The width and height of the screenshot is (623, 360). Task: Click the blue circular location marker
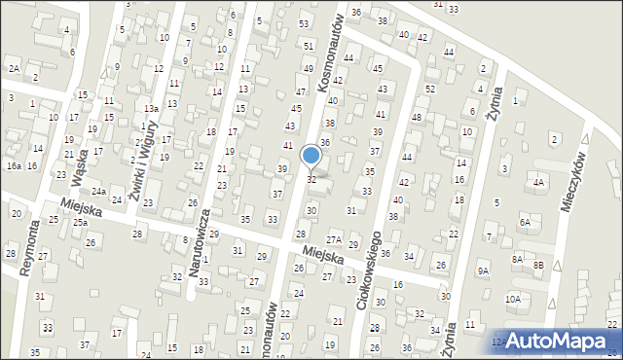tap(311, 155)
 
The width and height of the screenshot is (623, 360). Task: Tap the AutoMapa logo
tap(555, 341)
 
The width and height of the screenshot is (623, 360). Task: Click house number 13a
tap(151, 109)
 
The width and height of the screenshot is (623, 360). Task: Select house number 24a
tap(99, 192)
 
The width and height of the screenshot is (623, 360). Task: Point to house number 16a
tap(14, 166)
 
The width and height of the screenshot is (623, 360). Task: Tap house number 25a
tap(80, 223)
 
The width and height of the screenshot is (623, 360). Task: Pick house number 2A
tap(14, 68)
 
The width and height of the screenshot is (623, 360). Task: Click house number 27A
tap(333, 239)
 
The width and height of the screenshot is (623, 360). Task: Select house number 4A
tap(537, 182)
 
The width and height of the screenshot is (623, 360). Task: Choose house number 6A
tap(525, 223)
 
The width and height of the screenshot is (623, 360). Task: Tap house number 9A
tap(483, 270)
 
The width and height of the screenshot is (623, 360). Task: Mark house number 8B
tap(538, 264)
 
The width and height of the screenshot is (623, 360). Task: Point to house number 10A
tap(512, 300)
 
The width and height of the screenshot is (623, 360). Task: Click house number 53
tap(304, 23)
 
